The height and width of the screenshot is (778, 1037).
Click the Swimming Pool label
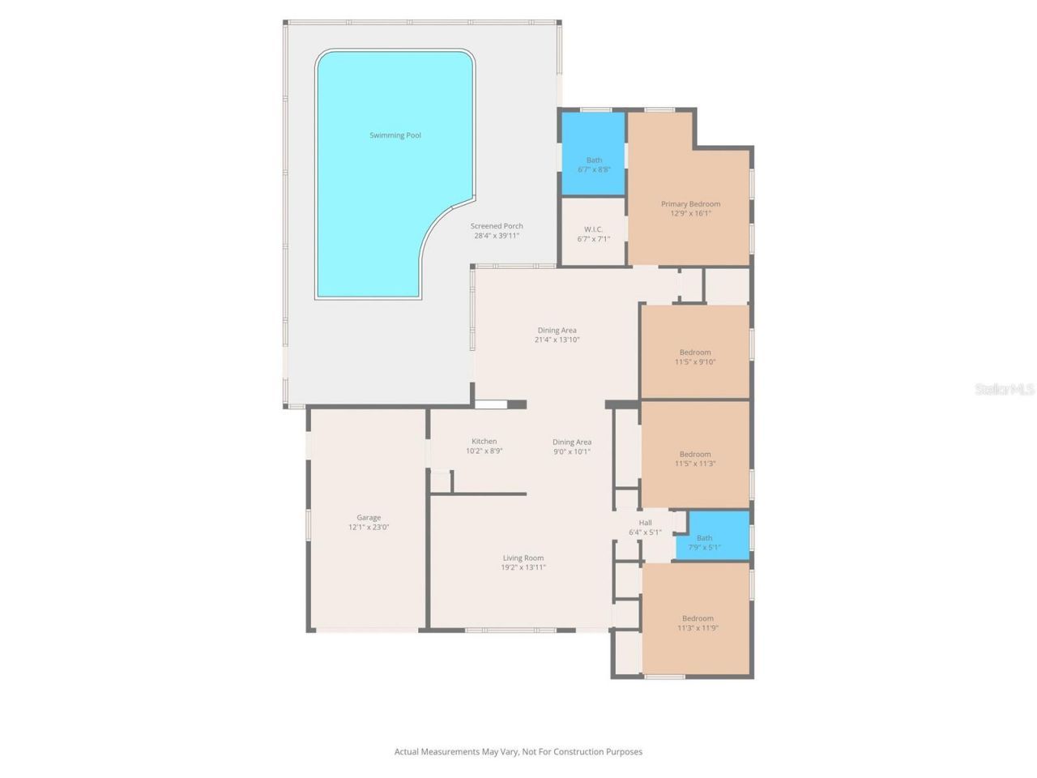[x=395, y=135]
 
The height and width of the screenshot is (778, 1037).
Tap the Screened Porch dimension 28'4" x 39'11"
[x=497, y=236]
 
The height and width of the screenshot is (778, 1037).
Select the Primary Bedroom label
[x=690, y=204]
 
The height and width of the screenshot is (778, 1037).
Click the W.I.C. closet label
[x=593, y=229]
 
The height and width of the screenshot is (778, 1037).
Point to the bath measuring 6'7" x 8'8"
[x=594, y=165]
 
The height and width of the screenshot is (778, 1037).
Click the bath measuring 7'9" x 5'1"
[x=704, y=542]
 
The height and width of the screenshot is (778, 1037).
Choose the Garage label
[x=369, y=517]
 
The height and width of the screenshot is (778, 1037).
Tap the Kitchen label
[x=484, y=442]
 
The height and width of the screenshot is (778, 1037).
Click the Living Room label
[x=523, y=558]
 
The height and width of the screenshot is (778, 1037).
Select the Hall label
[x=645, y=523]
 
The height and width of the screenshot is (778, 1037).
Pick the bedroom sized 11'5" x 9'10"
[x=694, y=357]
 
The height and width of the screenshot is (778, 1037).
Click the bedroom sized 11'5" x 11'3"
[x=694, y=459]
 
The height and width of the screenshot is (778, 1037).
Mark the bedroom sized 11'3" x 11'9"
[x=698, y=623]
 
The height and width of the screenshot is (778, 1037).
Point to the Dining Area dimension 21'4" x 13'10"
[x=557, y=340]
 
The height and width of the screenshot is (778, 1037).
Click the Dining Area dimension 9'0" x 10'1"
[x=572, y=451]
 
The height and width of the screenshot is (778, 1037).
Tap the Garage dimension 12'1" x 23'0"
[x=369, y=527]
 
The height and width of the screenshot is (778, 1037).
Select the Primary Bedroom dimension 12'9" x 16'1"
[x=690, y=214]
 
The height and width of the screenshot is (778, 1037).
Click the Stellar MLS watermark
[x=1004, y=390]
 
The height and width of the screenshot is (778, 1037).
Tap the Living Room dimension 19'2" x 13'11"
[x=523, y=567]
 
